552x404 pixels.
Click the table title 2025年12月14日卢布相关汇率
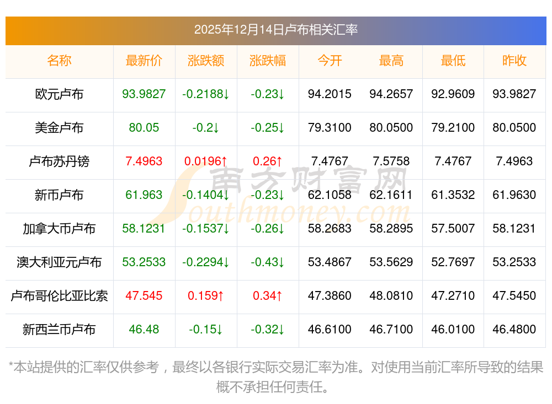(275, 29)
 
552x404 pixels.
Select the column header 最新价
(144, 61)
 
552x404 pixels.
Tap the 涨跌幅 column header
(268, 61)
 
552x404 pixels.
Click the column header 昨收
(514, 61)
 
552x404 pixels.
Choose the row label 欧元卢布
(59, 94)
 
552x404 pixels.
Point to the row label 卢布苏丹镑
(59, 161)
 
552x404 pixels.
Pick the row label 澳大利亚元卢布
(59, 262)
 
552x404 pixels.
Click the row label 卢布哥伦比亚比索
(59, 296)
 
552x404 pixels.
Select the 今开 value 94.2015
(330, 94)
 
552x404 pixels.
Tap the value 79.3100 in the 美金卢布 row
(330, 128)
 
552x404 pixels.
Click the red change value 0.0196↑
(206, 161)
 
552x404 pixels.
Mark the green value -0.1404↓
(206, 195)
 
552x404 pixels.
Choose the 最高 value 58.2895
(391, 229)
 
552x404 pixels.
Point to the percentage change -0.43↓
(268, 262)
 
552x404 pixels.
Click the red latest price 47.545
(144, 296)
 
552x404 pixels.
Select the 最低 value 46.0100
(453, 330)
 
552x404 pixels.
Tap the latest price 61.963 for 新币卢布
(144, 195)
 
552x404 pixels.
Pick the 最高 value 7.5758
(391, 161)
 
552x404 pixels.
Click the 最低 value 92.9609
(453, 94)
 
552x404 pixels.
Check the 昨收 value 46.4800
(514, 330)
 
